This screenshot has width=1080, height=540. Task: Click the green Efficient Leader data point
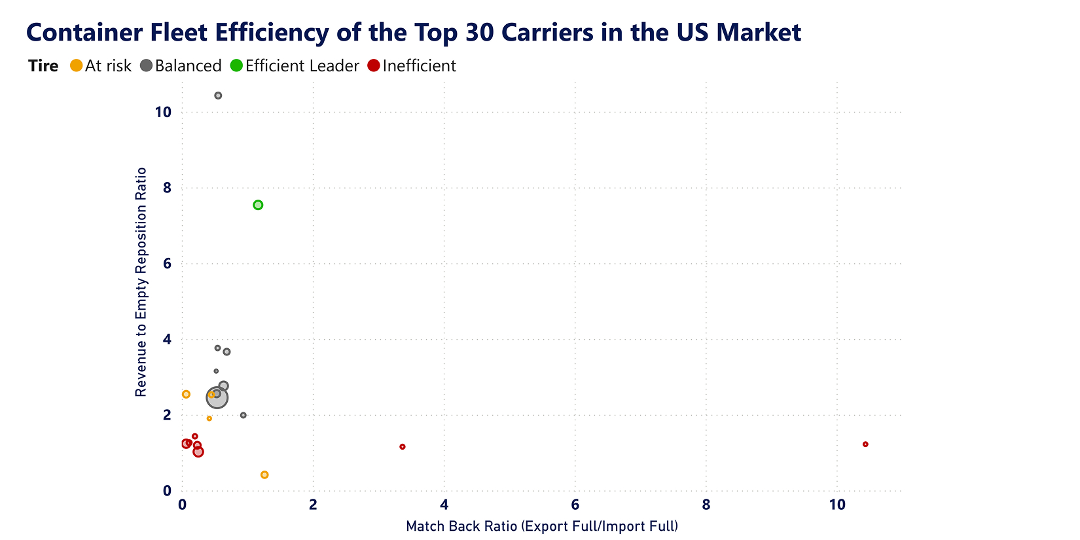click(x=258, y=205)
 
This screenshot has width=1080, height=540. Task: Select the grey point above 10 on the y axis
click(x=218, y=96)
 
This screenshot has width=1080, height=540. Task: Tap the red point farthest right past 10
click(x=865, y=444)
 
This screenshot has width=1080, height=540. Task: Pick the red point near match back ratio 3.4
click(x=403, y=446)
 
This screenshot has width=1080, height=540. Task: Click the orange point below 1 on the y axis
click(x=264, y=475)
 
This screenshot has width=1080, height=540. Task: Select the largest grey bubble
click(x=217, y=397)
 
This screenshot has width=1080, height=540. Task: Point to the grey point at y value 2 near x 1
click(x=243, y=415)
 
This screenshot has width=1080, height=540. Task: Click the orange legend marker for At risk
click(x=77, y=65)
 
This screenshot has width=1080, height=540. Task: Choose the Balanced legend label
click(x=188, y=65)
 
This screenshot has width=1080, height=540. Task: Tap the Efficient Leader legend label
click(x=302, y=65)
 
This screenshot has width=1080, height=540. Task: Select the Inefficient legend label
click(x=419, y=65)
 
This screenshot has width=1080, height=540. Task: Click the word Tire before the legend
click(x=43, y=65)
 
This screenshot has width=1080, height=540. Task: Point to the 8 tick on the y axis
click(x=167, y=188)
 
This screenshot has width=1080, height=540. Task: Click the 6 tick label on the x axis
click(x=575, y=505)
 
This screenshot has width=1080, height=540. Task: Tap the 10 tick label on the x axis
click(x=837, y=505)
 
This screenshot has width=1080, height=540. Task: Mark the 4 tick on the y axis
click(x=167, y=339)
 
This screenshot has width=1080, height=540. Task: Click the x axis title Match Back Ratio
click(x=542, y=526)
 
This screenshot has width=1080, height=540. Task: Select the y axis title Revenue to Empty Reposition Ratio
click(x=141, y=281)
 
